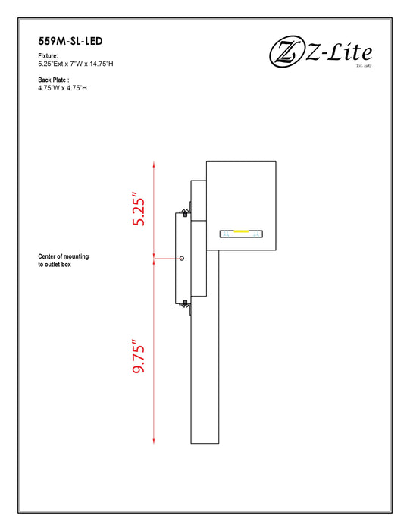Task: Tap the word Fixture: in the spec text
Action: (x=49, y=56)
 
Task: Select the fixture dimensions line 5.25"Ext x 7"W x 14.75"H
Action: (x=76, y=64)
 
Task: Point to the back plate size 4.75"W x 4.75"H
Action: (x=62, y=88)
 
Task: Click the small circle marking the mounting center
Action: (x=182, y=259)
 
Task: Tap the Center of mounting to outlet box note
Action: (x=64, y=261)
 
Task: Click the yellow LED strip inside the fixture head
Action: (x=241, y=231)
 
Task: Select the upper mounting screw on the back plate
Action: (x=185, y=212)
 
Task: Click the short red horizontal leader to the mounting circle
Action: (x=167, y=259)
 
